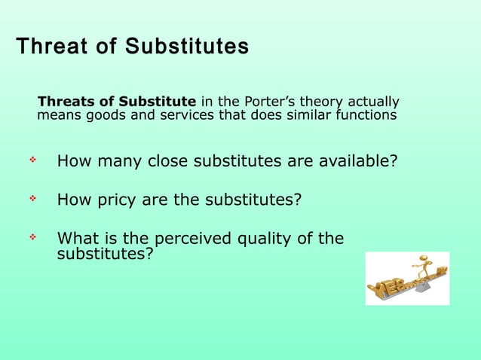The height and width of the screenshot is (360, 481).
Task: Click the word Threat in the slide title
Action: pos(51,47)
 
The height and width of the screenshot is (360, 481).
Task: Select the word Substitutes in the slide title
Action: pos(187,47)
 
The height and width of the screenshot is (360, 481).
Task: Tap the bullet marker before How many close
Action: pos(32,160)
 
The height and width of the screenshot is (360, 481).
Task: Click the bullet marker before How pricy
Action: pos(32,200)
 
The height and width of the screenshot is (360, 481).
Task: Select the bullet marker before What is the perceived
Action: pos(32,238)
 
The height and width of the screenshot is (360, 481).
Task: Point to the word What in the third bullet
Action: pos(77,239)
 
